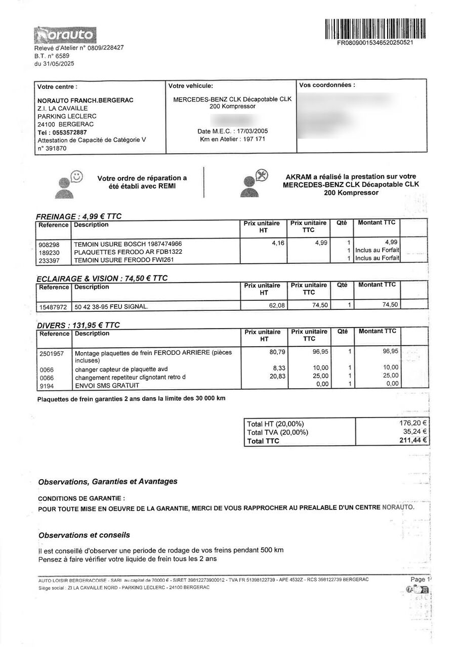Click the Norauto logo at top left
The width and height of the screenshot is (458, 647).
(x=65, y=35)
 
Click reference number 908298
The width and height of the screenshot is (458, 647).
(x=50, y=244)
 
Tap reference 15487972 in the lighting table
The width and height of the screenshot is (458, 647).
(x=53, y=306)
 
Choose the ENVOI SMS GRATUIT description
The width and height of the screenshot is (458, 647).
(x=107, y=386)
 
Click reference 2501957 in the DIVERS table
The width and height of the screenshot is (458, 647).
(x=52, y=353)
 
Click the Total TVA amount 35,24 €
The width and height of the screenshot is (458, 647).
(x=415, y=432)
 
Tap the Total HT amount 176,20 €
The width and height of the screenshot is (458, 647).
(x=413, y=424)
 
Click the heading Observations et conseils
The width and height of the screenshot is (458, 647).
(x=84, y=535)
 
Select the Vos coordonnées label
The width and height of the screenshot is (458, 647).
(x=327, y=85)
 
